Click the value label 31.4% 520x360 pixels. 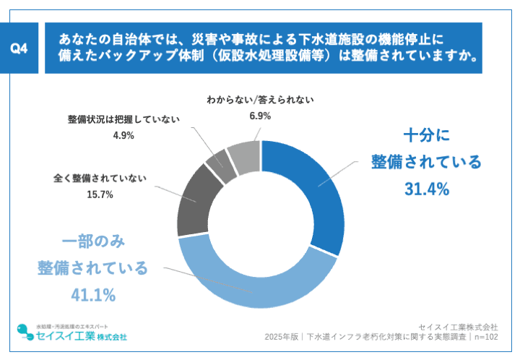[x=426, y=189]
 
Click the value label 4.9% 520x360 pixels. [x=123, y=134]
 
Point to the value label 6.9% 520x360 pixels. [x=259, y=116]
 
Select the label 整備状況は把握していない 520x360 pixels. [x=123, y=119]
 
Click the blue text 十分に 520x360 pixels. [x=426, y=134]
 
